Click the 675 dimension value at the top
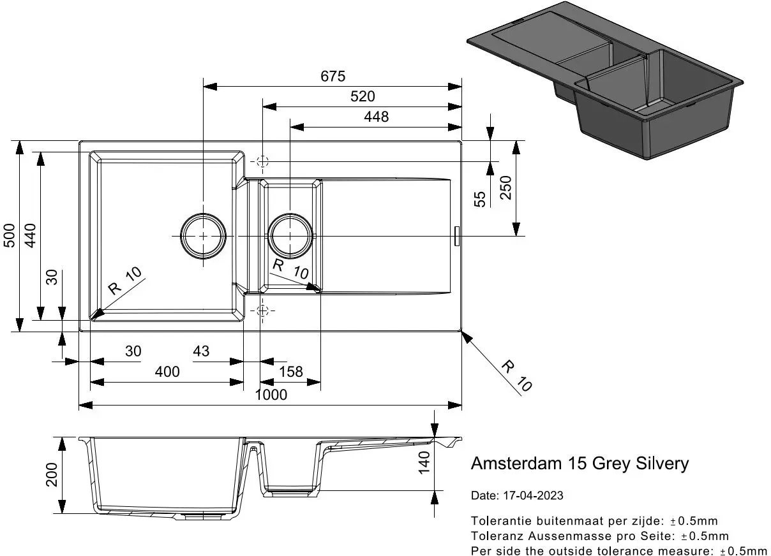pos(333,77)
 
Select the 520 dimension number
pos(363,96)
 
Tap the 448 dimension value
pos(376,117)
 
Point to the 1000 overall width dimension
pos(271,395)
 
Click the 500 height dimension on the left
pos(9,237)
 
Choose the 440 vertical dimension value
pos(30,237)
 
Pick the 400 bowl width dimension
pos(167,372)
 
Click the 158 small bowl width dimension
pos(291,372)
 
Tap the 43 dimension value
pos(200,351)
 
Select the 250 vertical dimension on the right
pos(505,188)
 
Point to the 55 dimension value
pos(481,199)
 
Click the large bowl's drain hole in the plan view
pos(203,236)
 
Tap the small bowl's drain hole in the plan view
pos(291,236)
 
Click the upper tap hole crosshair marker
pos(262,161)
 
